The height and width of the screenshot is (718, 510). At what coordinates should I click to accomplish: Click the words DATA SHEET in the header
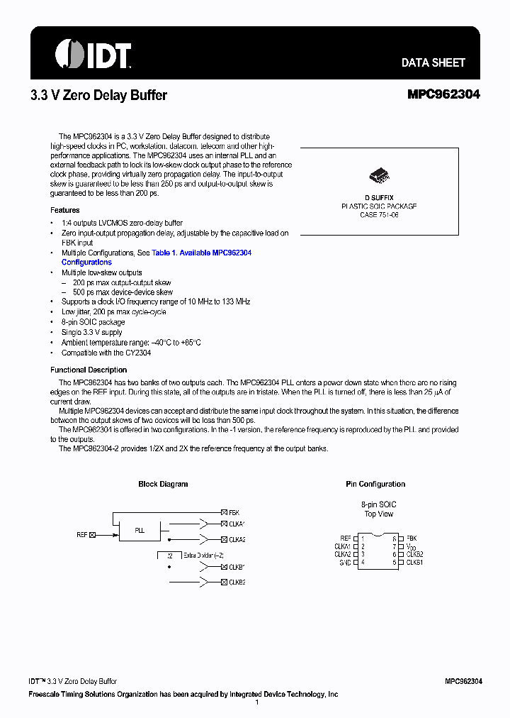click(x=433, y=62)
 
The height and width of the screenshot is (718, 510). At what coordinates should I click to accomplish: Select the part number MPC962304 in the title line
click(x=443, y=94)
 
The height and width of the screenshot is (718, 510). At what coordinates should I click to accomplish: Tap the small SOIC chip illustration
click(x=379, y=177)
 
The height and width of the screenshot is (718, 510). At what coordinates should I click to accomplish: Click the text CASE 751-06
click(x=379, y=214)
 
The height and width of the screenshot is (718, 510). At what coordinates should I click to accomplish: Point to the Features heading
click(x=65, y=210)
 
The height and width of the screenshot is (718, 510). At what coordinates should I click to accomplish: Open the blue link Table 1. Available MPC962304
click(x=202, y=253)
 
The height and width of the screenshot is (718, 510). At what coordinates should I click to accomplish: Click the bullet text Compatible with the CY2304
click(x=106, y=353)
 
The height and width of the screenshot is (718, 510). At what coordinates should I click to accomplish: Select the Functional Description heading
click(x=89, y=370)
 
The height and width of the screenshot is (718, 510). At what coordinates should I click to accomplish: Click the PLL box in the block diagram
click(x=140, y=531)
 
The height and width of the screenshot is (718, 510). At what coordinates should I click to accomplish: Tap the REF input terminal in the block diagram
click(x=92, y=535)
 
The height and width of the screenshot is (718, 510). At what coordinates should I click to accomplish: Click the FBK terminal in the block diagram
click(x=224, y=512)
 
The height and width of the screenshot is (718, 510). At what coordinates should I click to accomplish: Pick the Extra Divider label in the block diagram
click(x=203, y=556)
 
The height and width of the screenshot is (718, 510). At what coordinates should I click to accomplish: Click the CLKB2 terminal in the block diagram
click(x=224, y=582)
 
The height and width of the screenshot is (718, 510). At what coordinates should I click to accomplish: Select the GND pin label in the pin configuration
click(x=344, y=562)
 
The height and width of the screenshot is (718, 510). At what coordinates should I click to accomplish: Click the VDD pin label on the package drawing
click(x=411, y=547)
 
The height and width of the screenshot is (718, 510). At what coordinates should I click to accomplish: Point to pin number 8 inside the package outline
click(x=393, y=538)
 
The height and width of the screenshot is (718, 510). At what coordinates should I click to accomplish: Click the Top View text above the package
click(x=379, y=514)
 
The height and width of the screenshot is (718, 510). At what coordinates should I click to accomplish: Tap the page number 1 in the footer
click(x=256, y=702)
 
